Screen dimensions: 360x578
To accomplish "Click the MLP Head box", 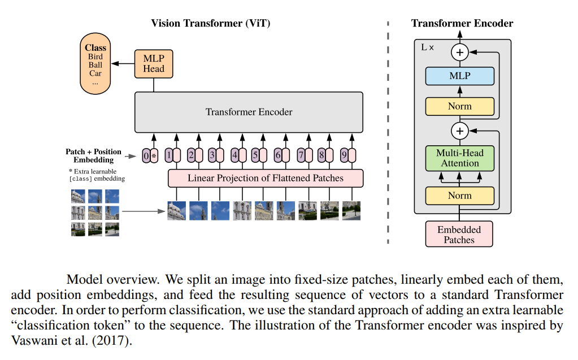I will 154,64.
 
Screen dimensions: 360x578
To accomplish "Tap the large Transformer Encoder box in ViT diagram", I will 249,112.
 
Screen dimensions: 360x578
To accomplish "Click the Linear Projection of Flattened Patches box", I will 266,178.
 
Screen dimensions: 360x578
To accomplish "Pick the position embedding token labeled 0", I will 146,155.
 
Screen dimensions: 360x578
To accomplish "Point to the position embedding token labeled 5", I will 255,154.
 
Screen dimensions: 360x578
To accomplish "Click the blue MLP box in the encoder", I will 459,76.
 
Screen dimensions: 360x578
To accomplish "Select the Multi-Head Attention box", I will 459,158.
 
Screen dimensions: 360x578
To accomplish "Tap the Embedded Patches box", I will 459,235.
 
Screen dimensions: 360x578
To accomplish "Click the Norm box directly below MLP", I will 459,106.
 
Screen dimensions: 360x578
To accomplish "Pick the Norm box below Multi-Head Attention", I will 459,196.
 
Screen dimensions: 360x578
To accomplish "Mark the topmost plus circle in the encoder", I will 459,53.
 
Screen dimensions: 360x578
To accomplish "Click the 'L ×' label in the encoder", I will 428,47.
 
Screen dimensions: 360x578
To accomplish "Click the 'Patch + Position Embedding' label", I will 93,155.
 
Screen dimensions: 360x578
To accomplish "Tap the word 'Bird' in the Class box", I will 95,57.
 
